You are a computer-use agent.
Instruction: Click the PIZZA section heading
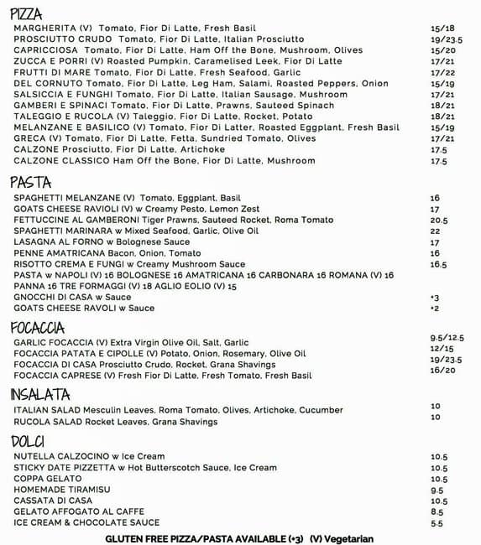(26, 13)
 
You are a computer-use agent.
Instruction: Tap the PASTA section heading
(30, 182)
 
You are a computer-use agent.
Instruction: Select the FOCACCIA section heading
(38, 327)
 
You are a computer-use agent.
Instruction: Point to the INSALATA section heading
(39, 394)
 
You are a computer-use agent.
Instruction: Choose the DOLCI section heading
(28, 441)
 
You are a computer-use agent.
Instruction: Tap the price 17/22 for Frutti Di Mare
(442, 72)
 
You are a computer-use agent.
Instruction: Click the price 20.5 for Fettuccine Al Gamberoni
(439, 220)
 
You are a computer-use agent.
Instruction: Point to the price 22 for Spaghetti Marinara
(435, 231)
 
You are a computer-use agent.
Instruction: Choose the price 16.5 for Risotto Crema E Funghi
(438, 264)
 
